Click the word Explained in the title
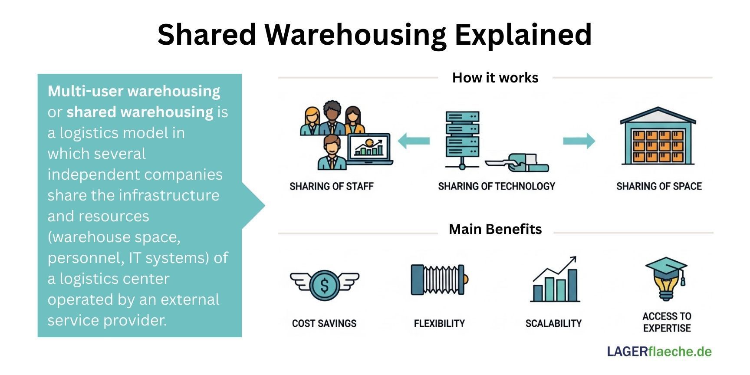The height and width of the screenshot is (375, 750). (x=523, y=35)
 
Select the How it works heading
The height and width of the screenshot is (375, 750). (x=495, y=78)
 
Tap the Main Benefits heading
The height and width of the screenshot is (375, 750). (x=495, y=229)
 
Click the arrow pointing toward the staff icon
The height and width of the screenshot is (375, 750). (x=413, y=141)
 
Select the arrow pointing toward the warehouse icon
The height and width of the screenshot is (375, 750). (x=579, y=141)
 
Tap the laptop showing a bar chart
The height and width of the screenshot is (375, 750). (x=369, y=149)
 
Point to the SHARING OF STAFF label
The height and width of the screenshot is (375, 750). (x=332, y=187)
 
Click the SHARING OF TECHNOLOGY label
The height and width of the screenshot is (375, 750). (x=497, y=187)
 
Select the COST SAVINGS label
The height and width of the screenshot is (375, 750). (x=324, y=323)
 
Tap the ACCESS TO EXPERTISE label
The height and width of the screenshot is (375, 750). (x=667, y=322)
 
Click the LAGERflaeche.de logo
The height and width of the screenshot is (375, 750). (x=659, y=352)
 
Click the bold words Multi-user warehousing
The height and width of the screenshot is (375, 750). (x=134, y=92)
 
